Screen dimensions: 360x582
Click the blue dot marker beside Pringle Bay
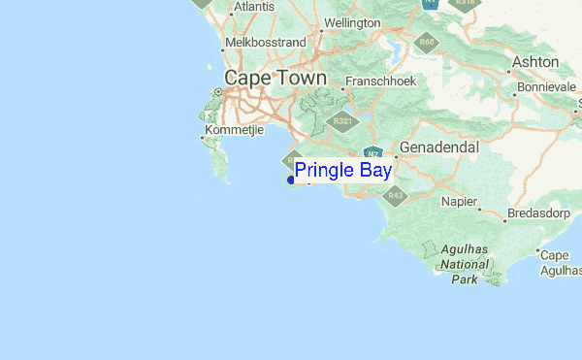click(291, 180)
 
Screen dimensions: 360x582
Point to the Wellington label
click(351, 22)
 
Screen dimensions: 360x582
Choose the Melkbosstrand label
click(265, 43)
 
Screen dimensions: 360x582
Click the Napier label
click(459, 201)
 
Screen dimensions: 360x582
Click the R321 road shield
click(341, 121)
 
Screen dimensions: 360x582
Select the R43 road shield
click(395, 195)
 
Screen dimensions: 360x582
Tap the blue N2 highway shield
click(372, 153)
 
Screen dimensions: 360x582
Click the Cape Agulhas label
click(560, 263)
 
